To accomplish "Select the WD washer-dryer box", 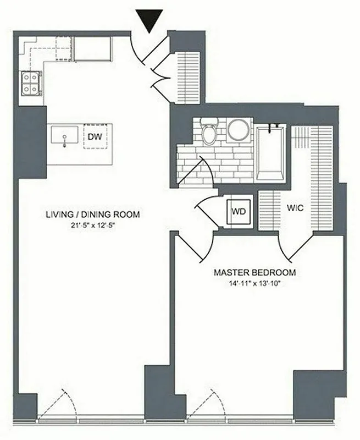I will coord(239,211).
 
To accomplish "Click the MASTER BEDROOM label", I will coord(254,272).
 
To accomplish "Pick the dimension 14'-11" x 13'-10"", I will coord(254,283).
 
